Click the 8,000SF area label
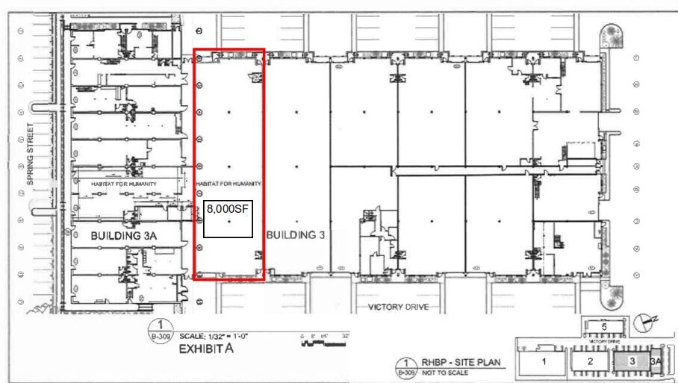[228, 210]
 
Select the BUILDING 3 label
[296, 234]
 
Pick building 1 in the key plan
[544, 361]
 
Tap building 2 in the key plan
[590, 361]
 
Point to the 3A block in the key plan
[657, 361]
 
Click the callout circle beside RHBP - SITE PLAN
[406, 367]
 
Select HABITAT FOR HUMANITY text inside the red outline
[228, 183]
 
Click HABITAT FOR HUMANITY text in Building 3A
[124, 183]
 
